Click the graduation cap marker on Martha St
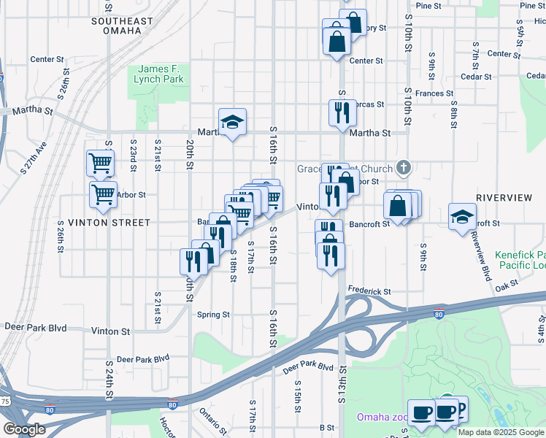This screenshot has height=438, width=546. tap(233, 122)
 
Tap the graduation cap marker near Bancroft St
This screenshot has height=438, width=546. tap(462, 217)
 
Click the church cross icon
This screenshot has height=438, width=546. tap(402, 168)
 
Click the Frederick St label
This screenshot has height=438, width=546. tap(369, 291)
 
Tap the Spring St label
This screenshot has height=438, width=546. tap(213, 315)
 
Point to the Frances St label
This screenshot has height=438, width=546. tap(434, 93)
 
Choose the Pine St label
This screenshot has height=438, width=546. tap(428, 5)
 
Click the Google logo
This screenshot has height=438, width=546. tap(24, 430)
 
